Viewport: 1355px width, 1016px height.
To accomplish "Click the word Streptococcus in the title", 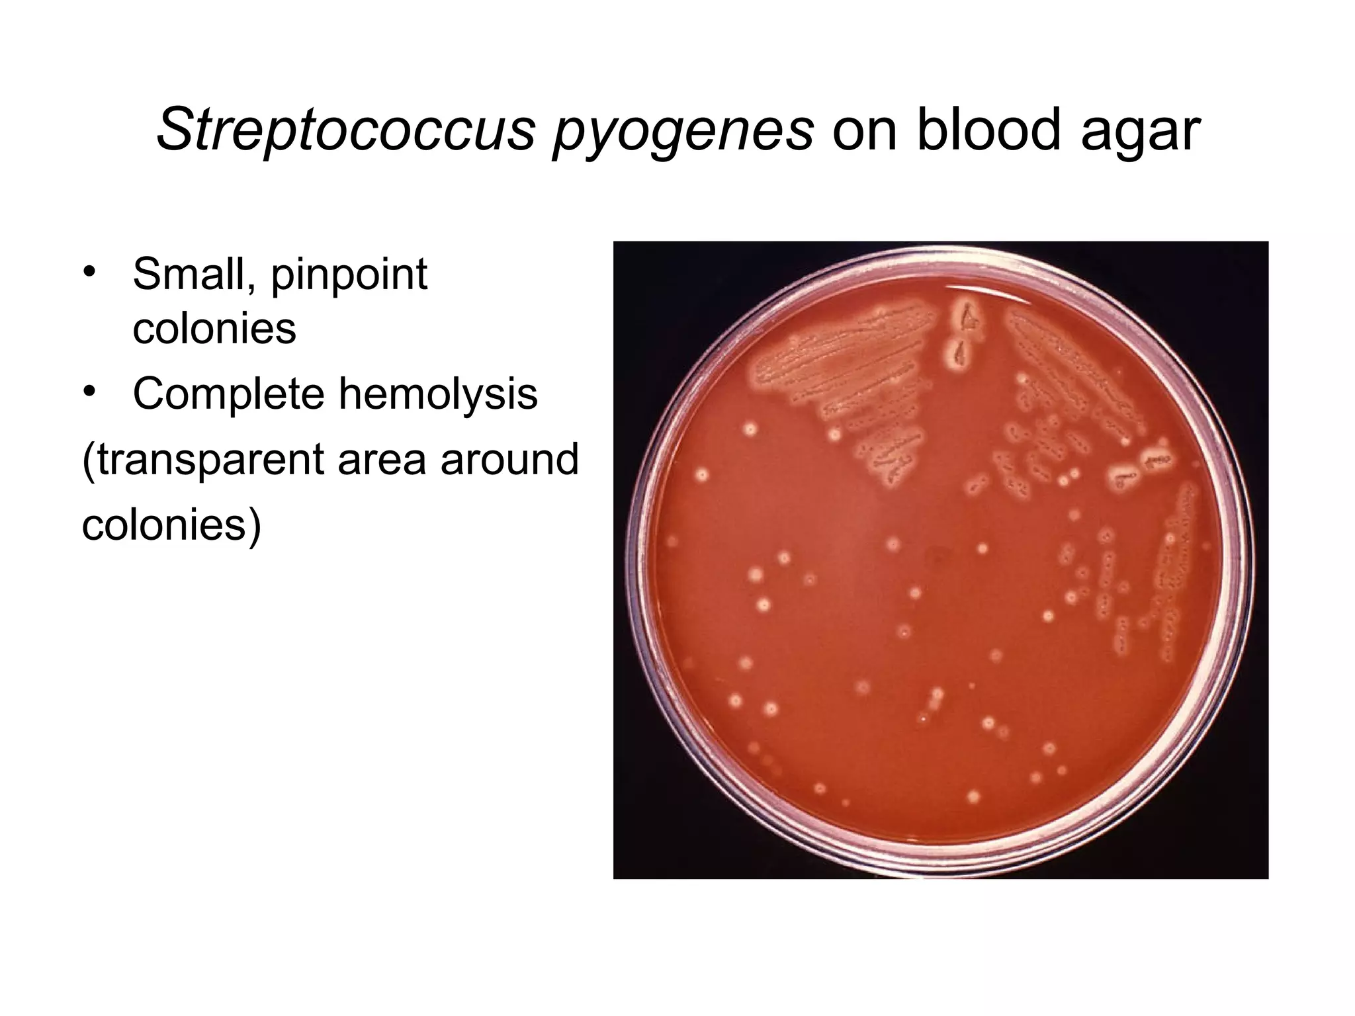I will [345, 130].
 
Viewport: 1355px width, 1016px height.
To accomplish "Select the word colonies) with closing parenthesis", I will [172, 526].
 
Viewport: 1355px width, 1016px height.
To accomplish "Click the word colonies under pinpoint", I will [214, 328].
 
